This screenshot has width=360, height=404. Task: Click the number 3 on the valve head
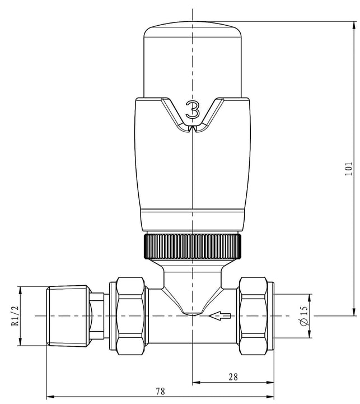193,110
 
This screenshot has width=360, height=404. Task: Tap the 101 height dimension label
348,169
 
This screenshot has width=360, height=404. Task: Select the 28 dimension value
233,377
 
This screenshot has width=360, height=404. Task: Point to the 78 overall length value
160,391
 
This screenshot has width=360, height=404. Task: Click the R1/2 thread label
15,316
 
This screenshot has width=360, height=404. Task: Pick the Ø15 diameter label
304,316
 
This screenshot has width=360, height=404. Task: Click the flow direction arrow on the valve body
219,315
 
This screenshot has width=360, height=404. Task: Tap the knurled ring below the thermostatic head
193,246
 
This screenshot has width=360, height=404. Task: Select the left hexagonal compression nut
130,316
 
